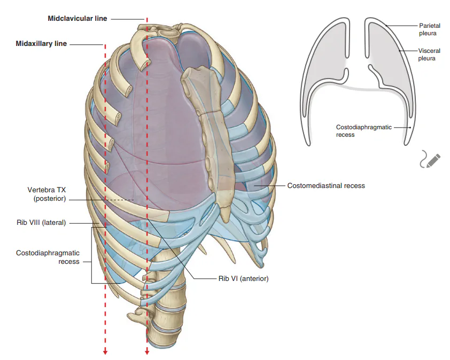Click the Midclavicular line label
77,19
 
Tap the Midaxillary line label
41,44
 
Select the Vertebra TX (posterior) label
46,194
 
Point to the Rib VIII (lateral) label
41,223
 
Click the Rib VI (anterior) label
243,278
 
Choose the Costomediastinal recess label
326,185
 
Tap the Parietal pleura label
429,29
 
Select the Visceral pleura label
429,54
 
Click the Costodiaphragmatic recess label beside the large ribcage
48,257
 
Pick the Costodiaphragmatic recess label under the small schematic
363,131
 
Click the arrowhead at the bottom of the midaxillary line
105,351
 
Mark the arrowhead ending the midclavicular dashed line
147,351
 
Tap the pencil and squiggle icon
430,159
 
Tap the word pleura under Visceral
426,59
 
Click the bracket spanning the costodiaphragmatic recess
92,255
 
